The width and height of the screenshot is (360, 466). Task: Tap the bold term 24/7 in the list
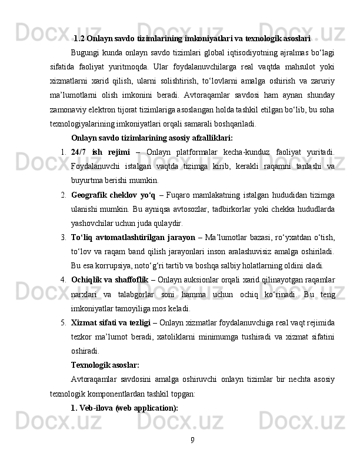click(x=79, y=152)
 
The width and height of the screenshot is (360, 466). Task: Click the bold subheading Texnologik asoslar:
click(x=105, y=364)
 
